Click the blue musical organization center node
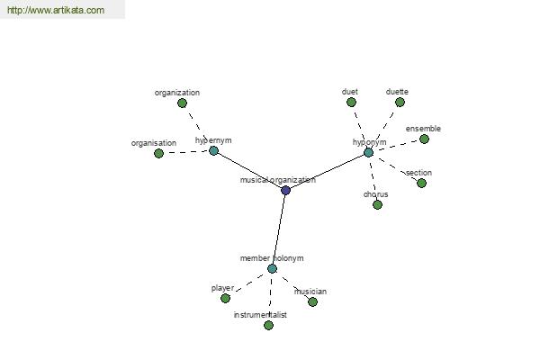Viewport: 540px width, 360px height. [x=285, y=190]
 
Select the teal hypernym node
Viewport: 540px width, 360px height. [x=214, y=150]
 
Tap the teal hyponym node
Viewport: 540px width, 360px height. [x=368, y=153]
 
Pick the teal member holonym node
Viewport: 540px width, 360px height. [x=272, y=269]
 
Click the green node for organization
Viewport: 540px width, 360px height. [x=182, y=103]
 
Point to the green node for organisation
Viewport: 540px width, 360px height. [x=158, y=153]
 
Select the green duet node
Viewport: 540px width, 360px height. [x=351, y=103]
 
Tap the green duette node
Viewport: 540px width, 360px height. [x=400, y=103]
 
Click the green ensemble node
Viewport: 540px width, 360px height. [x=424, y=139]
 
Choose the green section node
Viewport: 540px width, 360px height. [x=421, y=183]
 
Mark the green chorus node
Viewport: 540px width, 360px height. [x=377, y=205]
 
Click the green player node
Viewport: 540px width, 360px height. [x=225, y=298]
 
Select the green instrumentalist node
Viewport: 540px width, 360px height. [x=268, y=325]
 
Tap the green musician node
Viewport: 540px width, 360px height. [x=312, y=302]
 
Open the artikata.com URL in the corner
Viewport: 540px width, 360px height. [x=56, y=10]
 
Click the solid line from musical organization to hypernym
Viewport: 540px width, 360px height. [x=249, y=170]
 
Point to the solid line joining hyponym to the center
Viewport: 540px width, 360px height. [x=328, y=171]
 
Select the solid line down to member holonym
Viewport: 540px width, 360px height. [x=279, y=229]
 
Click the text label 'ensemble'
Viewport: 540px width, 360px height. [x=423, y=129]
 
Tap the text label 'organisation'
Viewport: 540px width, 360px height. [x=154, y=143]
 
